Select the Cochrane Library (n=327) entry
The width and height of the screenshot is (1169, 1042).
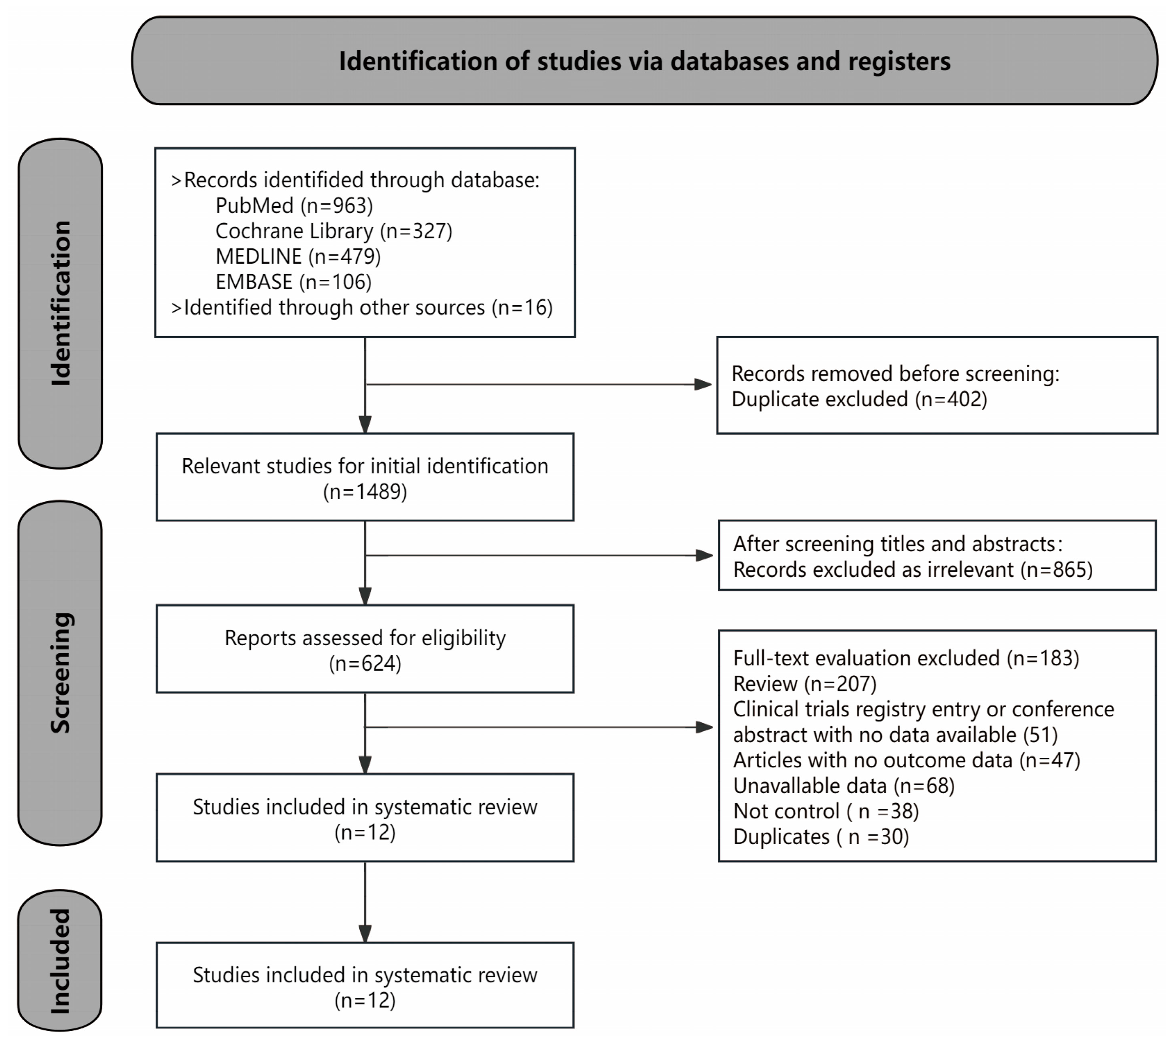pyautogui.click(x=334, y=231)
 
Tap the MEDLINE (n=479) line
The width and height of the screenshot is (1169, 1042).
pyautogui.click(x=297, y=256)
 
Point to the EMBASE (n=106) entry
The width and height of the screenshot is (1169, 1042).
pyautogui.click(x=293, y=282)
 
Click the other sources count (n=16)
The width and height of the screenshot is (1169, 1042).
pyautogui.click(x=522, y=308)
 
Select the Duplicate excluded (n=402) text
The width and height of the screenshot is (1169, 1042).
pyautogui.click(x=859, y=399)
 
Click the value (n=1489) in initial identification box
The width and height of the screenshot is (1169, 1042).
pyautogui.click(x=364, y=492)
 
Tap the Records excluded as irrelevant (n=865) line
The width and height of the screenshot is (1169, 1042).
pyautogui.click(x=913, y=570)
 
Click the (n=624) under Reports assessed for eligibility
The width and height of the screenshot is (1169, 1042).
pyautogui.click(x=364, y=664)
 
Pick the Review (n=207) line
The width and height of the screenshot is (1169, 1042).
pyautogui.click(x=805, y=683)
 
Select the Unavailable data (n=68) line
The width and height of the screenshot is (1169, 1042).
pyautogui.click(x=843, y=786)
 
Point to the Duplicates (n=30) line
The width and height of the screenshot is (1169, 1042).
pyautogui.click(x=821, y=837)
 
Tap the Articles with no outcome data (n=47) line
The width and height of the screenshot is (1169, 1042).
pyautogui.click(x=906, y=760)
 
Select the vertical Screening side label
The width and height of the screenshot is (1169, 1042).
pyautogui.click(x=61, y=673)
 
